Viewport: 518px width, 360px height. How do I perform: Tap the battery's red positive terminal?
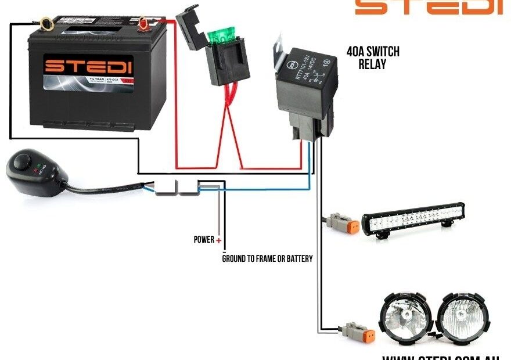pos(142,24)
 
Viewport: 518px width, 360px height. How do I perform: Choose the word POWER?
pos(203,239)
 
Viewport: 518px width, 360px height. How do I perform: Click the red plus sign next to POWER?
pos(219,240)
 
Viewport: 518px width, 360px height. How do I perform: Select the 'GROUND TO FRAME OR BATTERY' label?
pos(267,258)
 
